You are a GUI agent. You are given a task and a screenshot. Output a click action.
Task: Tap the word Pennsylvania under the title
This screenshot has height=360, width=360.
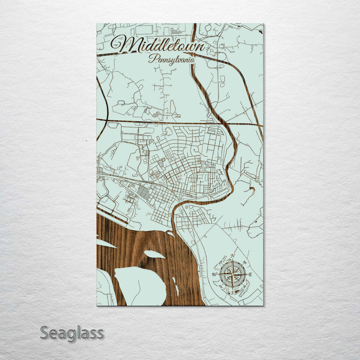[171, 58]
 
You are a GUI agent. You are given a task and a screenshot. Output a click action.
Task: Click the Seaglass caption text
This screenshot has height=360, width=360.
[72, 332]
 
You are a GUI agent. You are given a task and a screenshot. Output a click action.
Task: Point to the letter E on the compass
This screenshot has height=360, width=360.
[250, 274]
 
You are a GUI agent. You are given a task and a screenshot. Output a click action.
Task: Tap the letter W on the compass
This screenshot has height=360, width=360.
[214, 274]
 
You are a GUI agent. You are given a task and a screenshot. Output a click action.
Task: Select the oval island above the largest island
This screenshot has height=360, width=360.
[154, 254]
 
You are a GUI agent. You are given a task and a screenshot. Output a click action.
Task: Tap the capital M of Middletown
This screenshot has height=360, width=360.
[121, 44]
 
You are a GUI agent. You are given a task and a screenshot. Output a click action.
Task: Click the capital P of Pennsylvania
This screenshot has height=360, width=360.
[151, 57]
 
